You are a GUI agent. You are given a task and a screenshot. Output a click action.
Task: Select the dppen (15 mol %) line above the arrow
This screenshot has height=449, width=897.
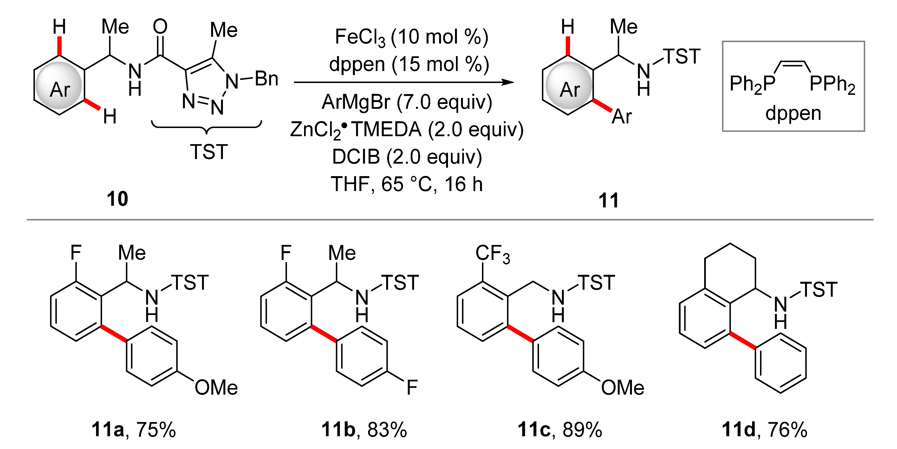pos(409,64)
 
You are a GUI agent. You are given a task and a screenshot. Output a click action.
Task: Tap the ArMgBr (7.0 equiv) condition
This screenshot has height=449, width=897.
pos(407,102)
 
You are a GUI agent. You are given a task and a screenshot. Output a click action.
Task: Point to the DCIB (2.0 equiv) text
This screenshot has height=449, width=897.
pos(407,157)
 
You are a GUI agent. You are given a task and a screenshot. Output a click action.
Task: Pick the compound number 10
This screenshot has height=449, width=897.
pos(117,199)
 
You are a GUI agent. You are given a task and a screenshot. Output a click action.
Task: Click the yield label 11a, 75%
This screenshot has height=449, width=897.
pos(134,430)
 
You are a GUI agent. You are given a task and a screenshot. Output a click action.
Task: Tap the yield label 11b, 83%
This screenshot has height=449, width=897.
pos(364,430)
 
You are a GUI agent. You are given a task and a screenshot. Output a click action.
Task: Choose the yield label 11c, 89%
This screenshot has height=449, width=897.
pos(560,430)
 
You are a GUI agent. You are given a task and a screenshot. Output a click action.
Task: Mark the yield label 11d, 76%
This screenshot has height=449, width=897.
pos(765,430)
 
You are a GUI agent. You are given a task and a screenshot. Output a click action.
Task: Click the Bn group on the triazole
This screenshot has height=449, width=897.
pos(266,79)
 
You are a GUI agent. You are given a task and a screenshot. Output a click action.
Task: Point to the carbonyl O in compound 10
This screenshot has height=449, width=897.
pos(160,27)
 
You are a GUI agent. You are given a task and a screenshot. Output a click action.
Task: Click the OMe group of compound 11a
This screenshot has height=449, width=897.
pos(216,388)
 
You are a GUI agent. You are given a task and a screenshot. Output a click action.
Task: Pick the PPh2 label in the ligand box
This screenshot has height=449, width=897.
pos(832,84)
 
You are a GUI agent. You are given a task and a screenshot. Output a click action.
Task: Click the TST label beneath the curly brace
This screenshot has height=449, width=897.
pos(209,152)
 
